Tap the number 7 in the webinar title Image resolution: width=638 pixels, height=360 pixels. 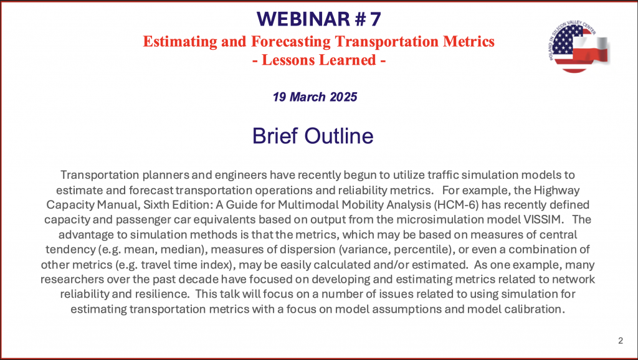376,19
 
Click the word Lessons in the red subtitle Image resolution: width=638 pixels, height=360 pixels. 288,60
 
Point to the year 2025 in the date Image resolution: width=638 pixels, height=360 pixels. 343,97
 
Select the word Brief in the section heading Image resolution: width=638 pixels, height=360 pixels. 275,136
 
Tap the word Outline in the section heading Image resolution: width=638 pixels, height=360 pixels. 338,136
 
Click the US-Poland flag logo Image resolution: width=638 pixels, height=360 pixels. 579,47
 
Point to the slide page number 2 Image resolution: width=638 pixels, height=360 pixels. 621,341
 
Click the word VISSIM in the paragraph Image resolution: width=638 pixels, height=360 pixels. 543,220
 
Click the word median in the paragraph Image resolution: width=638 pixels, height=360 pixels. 186,249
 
